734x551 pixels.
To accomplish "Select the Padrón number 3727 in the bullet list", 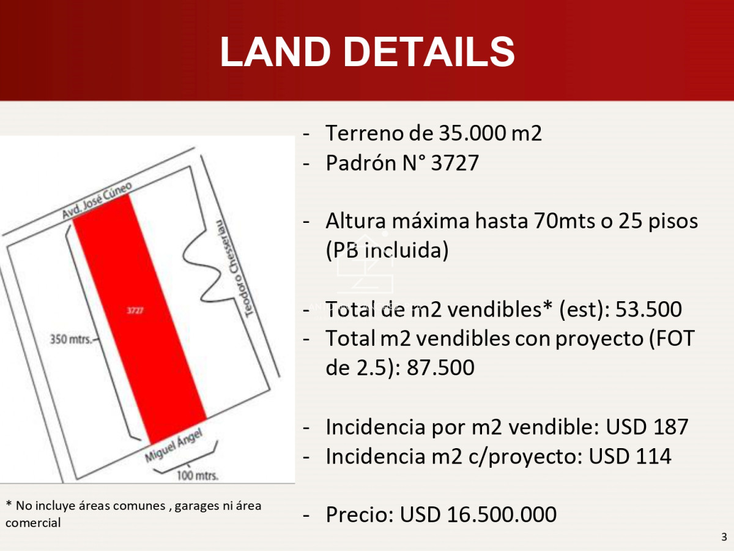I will (455, 163).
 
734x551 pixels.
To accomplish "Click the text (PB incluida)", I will (387, 250).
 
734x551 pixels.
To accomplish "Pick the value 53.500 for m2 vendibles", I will (649, 309).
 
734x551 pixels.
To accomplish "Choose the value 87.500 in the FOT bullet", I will (440, 367).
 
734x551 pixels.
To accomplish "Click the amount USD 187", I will (647, 427).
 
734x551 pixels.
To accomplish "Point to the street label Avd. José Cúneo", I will (97, 200).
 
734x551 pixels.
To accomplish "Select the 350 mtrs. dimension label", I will (71, 337).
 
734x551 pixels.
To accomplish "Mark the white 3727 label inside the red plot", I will (135, 310).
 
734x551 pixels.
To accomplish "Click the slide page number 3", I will (724, 538).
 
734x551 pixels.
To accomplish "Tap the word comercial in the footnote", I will (34, 523).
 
